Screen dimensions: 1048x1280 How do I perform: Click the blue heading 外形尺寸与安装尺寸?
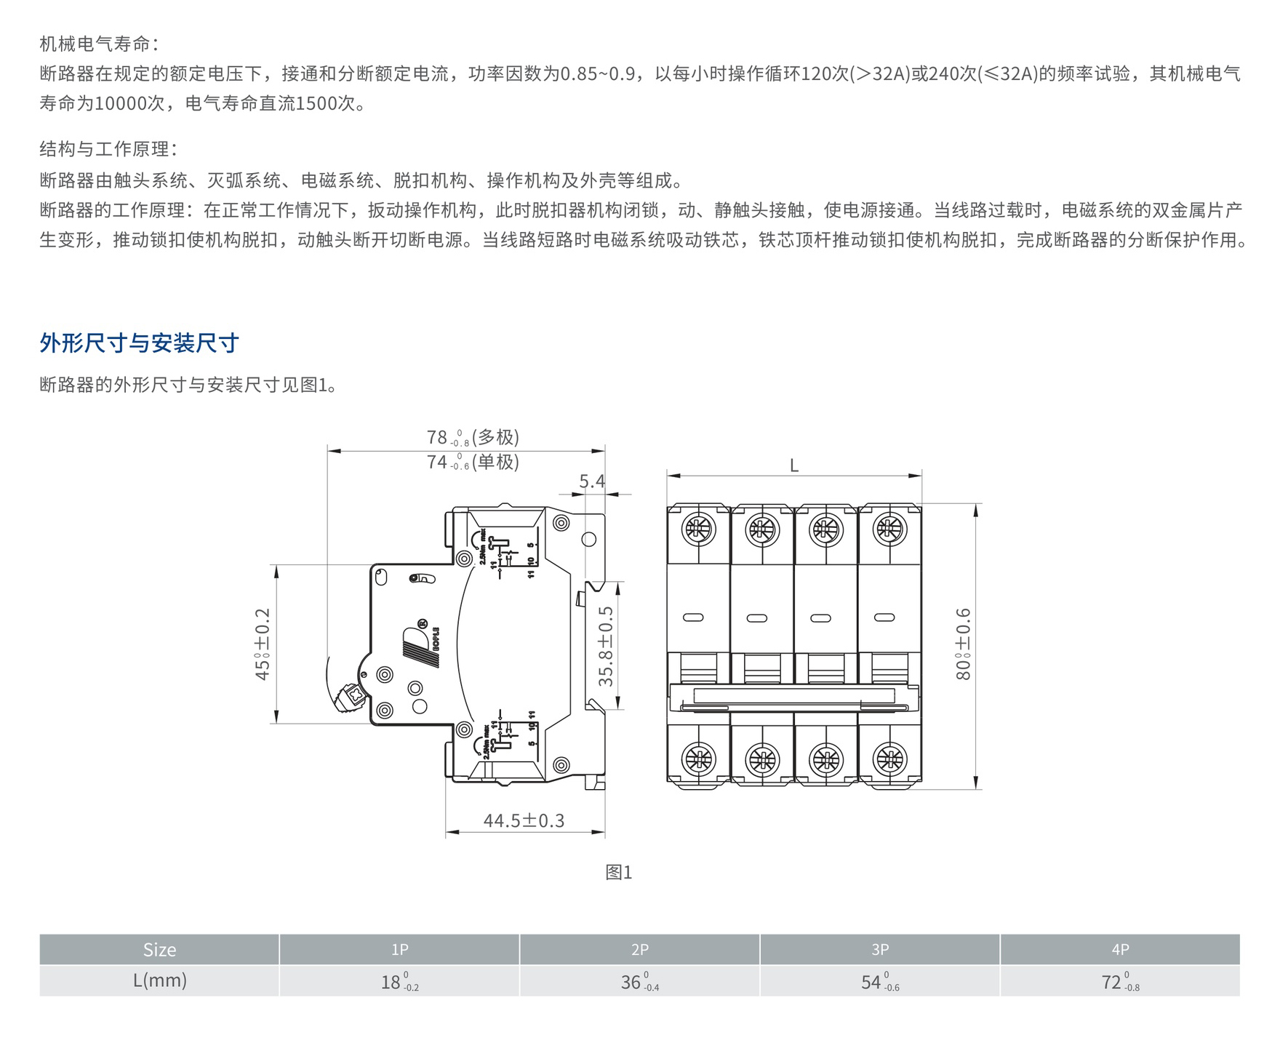[139, 343]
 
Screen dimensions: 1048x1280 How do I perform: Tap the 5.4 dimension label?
[592, 481]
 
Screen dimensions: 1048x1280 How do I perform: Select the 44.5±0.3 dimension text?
[524, 821]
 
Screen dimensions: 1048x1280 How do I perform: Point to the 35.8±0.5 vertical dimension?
[607, 646]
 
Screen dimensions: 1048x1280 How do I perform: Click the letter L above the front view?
[794, 465]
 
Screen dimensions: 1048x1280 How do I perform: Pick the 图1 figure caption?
[619, 872]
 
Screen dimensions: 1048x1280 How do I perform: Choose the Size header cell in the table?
[159, 950]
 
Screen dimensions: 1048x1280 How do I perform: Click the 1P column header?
[399, 950]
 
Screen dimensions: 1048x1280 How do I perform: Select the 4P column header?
[1120, 950]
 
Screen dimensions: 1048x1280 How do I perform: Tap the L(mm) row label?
[159, 980]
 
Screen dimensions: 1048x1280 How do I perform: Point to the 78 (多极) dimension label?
[473, 437]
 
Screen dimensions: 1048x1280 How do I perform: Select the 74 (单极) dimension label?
[473, 462]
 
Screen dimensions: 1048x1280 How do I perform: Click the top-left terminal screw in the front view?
[698, 529]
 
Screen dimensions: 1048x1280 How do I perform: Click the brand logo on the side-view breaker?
[421, 643]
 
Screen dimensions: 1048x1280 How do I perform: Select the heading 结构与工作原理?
[108, 149]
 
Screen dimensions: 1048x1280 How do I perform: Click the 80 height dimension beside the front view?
[963, 644]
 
